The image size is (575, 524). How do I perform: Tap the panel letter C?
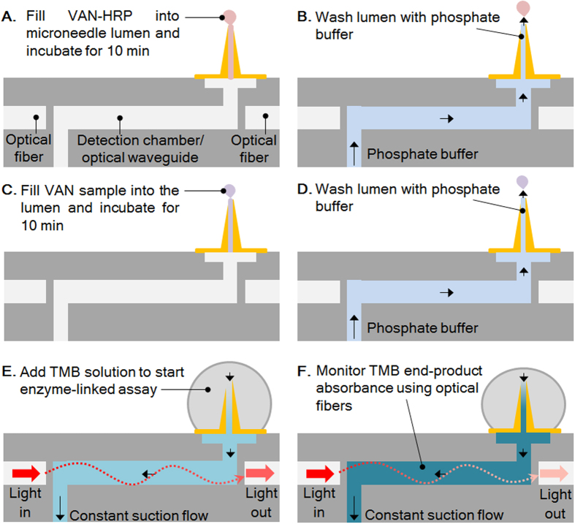(10, 191)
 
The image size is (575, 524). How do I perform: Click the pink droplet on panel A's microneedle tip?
(230, 17)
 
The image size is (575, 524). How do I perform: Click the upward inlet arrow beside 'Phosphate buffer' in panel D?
(354, 326)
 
